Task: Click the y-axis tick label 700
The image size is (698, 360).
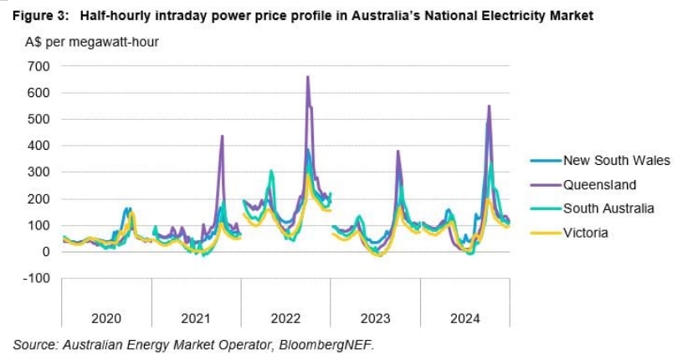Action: pyautogui.click(x=39, y=66)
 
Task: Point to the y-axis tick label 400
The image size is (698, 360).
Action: pyautogui.click(x=39, y=146)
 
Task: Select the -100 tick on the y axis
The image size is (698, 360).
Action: pyautogui.click(x=37, y=278)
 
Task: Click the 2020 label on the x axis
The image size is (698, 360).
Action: pyautogui.click(x=106, y=318)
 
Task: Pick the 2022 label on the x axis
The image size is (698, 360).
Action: pyautogui.click(x=285, y=318)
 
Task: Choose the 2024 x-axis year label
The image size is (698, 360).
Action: pyautogui.click(x=464, y=318)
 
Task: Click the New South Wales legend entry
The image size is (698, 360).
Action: pyautogui.click(x=616, y=161)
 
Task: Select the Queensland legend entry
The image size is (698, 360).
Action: pyautogui.click(x=599, y=185)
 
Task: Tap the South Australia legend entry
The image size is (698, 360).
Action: pyautogui.click(x=608, y=208)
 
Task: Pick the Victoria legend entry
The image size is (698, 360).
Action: pyautogui.click(x=585, y=233)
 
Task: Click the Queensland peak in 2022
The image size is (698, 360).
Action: pyautogui.click(x=308, y=77)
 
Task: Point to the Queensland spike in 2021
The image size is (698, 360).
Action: pyautogui.click(x=222, y=136)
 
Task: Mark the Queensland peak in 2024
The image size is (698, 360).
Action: pyautogui.click(x=489, y=105)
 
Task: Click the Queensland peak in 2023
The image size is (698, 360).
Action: pyautogui.click(x=398, y=152)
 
